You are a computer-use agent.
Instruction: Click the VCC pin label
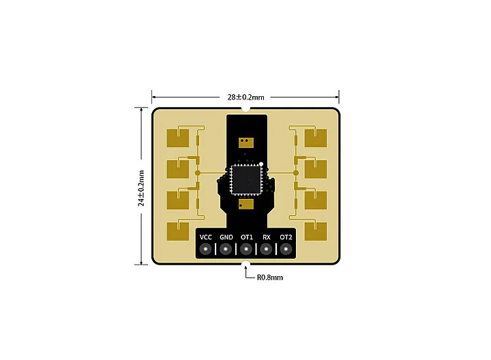coord(206,237)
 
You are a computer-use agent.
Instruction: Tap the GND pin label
coord(226,237)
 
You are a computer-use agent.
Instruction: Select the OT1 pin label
coord(246,237)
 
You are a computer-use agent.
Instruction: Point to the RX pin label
coord(267,237)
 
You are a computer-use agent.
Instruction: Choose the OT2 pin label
coord(286,237)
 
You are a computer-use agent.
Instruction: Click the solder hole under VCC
coord(206,250)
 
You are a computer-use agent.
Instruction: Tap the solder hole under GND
coord(226,250)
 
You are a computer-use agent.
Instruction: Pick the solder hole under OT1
coord(246,250)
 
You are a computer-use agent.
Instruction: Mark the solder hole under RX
coord(267,250)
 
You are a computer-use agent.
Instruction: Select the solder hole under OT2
coord(286,250)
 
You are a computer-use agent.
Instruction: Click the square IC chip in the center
coord(245,180)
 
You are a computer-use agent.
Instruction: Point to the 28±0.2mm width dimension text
coord(245,97)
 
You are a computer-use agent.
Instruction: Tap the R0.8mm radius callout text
coord(269,277)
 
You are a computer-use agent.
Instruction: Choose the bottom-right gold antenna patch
coord(315,231)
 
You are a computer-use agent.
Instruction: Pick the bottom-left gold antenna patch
coord(177,231)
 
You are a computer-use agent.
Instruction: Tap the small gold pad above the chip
coord(245,142)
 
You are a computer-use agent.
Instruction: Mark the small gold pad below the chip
coord(245,204)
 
